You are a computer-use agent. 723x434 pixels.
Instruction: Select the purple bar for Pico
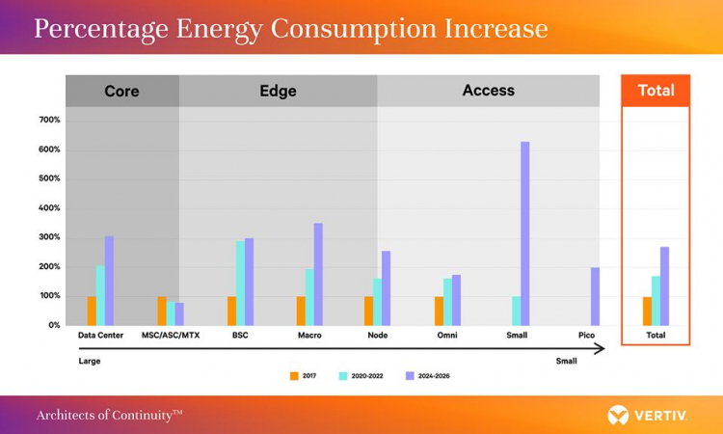(595, 296)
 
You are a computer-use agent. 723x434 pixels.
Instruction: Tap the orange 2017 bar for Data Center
(92, 311)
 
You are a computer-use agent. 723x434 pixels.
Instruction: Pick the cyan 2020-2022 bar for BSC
(240, 283)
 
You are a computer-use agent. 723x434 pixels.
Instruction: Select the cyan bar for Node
(377, 302)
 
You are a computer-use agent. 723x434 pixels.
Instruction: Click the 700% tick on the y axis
(49, 121)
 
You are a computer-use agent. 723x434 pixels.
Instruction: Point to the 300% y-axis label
(49, 237)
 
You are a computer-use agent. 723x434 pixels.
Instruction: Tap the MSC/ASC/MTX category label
(172, 336)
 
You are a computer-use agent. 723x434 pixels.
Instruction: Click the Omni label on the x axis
(446, 336)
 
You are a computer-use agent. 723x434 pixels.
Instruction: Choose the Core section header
(121, 92)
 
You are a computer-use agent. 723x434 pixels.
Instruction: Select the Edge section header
(278, 92)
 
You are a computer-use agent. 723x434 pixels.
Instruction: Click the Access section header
(489, 91)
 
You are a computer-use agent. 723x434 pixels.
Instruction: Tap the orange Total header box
(656, 91)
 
